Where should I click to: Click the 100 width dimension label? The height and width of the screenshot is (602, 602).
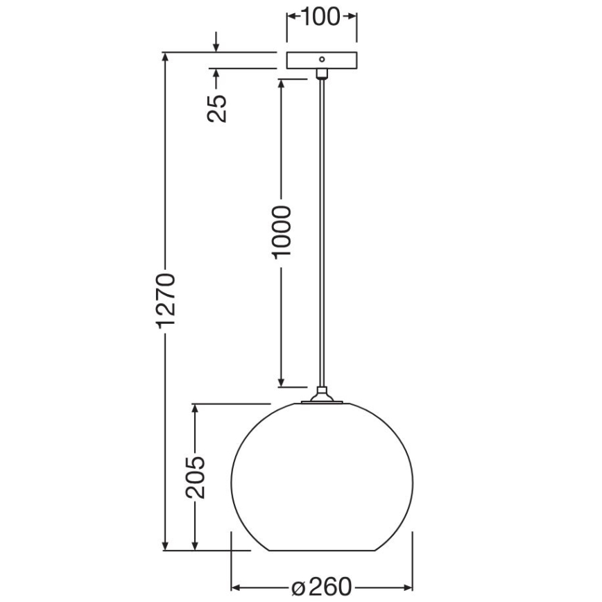point(322,17)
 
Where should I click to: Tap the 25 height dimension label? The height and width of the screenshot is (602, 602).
point(218,107)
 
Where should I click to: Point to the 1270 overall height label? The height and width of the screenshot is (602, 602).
point(166,300)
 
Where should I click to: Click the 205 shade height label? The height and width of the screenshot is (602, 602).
point(197,477)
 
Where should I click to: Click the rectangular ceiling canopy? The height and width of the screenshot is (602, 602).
point(321,60)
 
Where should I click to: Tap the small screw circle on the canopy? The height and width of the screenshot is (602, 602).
point(321,60)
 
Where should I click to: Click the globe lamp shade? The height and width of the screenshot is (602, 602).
point(321,479)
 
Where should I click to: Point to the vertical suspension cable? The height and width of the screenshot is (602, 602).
point(321,229)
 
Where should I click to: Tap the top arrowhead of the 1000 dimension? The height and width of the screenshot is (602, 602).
point(282,84)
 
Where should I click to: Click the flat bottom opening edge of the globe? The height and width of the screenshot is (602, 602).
point(321,551)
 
